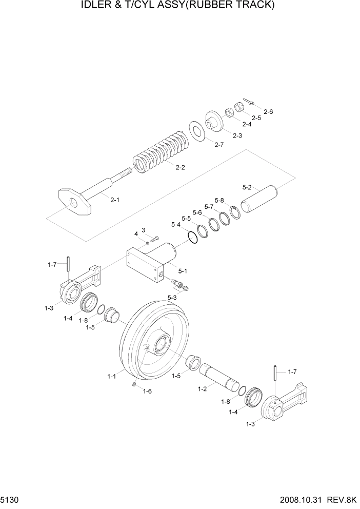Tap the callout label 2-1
(x=115, y=200)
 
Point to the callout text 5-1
(x=183, y=270)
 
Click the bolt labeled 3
(x=155, y=239)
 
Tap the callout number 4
(x=136, y=234)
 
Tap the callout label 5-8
(x=219, y=200)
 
